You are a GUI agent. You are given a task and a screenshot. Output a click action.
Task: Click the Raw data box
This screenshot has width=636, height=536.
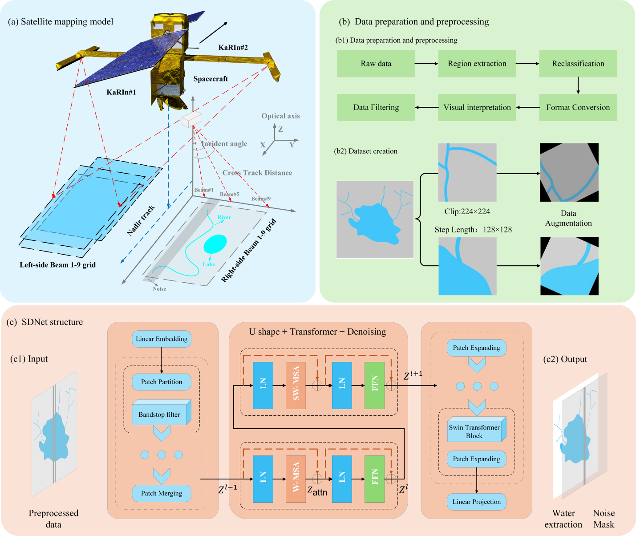376,64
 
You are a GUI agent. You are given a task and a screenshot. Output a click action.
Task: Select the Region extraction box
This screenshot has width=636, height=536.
477,64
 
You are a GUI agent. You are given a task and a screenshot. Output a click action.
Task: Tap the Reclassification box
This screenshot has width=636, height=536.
578,64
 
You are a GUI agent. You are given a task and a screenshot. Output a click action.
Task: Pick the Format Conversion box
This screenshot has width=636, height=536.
578,107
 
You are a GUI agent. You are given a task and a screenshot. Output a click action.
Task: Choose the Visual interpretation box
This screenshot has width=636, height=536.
477,107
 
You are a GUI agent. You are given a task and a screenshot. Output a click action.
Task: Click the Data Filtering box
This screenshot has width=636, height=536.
376,107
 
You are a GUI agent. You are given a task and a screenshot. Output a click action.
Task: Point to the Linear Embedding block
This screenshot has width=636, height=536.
162,339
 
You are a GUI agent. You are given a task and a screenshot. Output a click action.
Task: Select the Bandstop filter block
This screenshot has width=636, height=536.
159,414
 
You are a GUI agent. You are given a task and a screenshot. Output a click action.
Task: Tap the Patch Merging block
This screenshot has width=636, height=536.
162,493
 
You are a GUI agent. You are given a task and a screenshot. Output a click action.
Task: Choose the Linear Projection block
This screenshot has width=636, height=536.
477,502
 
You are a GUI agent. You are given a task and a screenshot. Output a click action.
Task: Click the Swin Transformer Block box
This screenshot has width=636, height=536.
474,431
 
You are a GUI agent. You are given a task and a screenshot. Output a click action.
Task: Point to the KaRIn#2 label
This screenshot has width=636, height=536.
233,48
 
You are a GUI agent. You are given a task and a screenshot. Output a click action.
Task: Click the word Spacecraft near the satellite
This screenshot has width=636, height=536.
211,79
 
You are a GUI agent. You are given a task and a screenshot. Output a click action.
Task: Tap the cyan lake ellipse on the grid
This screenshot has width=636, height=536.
215,244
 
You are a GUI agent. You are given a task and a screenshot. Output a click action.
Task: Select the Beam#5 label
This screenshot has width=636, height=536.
230,194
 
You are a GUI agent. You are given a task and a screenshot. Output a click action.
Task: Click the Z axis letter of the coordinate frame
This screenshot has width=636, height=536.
281,130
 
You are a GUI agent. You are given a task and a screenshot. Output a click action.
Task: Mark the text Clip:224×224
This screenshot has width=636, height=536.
467,211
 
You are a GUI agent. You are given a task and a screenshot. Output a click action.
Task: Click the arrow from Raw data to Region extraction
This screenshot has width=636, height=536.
426,64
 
